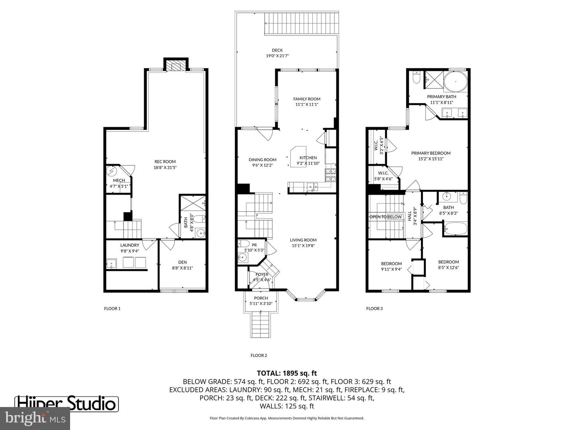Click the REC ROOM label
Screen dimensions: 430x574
click(165, 162)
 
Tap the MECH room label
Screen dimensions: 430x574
click(119, 180)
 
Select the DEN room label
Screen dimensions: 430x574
click(182, 262)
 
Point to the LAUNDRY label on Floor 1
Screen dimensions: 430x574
click(130, 245)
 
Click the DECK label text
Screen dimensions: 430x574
click(277, 50)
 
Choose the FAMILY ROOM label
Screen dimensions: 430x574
click(307, 99)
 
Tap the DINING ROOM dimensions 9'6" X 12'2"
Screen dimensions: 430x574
click(262, 165)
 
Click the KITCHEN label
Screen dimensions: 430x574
click(308, 158)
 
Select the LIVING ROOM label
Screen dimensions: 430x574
click(303, 240)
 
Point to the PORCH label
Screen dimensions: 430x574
click(261, 298)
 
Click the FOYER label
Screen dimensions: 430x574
click(262, 274)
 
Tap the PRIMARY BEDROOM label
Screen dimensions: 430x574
click(431, 153)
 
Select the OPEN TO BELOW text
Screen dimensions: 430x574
click(385, 217)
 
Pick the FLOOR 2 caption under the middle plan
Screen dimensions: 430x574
click(259, 356)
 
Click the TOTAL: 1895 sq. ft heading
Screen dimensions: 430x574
click(287, 373)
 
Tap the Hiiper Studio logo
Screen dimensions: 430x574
click(67, 404)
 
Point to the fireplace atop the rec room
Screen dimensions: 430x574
click(176, 65)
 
